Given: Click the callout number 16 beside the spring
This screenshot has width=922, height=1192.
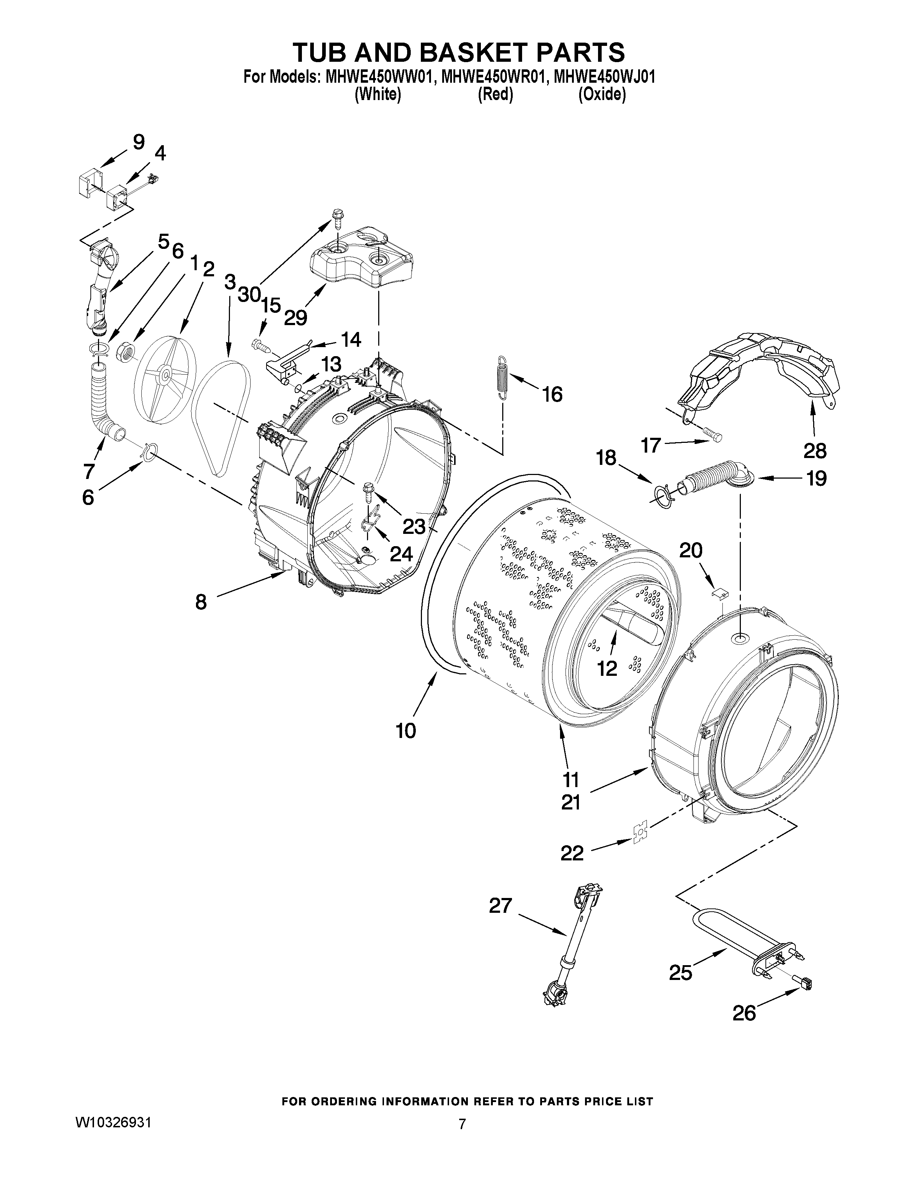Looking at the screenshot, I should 553,394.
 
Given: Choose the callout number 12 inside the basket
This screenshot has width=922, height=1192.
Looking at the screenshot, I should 607,668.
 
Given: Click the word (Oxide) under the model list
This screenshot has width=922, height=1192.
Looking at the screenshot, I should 602,94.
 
